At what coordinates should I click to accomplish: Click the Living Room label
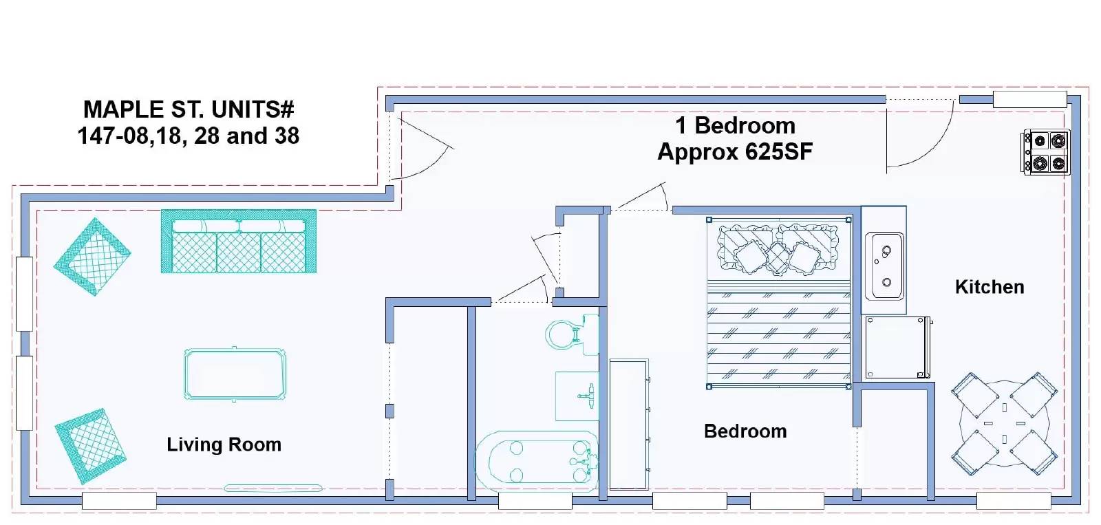coord(224,444)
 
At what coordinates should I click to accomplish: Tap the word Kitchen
coord(990,287)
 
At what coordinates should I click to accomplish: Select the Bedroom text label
coord(745,431)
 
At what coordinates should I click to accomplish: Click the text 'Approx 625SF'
coord(735,151)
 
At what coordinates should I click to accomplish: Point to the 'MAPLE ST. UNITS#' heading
coord(189,109)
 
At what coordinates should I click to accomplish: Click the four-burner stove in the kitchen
coord(1046,152)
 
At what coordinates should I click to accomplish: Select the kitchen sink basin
coord(884,266)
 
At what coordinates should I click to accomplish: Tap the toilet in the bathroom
coord(572,334)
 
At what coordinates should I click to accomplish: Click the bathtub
coord(537,461)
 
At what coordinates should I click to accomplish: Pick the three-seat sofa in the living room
coord(238,241)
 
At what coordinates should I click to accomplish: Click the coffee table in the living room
coord(235,374)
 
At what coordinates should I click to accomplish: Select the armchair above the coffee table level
coord(92,257)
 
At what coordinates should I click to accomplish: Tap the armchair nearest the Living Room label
coord(90,445)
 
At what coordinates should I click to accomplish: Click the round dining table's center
coord(1004,424)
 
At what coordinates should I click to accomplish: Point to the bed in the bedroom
coord(778,302)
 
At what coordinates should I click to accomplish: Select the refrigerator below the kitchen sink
coord(898,347)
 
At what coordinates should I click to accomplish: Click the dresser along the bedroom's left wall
coord(630,425)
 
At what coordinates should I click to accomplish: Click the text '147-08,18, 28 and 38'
coord(189,136)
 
